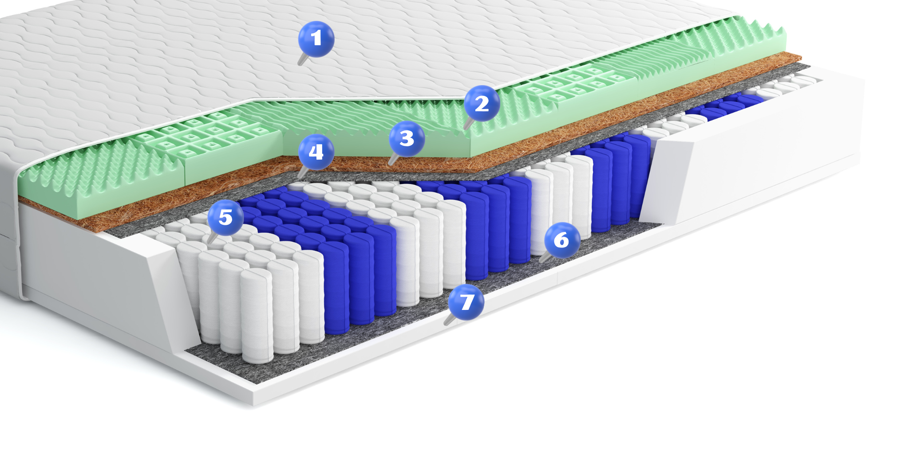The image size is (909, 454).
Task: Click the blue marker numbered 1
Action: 316,39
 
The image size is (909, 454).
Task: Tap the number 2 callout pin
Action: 482,103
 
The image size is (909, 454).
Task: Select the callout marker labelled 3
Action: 407,138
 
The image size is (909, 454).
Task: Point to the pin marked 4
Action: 316,152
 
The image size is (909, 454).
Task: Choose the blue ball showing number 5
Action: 225,217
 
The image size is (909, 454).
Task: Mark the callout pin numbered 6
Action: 562,240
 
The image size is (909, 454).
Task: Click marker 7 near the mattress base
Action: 466,302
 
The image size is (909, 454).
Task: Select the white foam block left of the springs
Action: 107,284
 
